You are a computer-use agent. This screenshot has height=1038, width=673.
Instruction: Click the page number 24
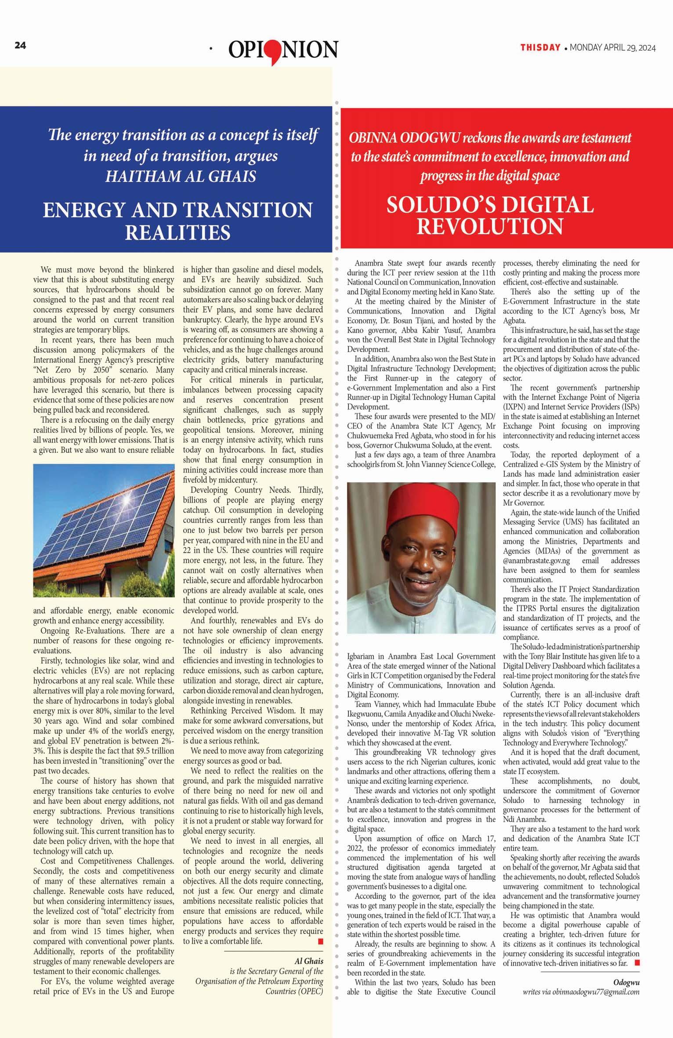[x=21, y=45]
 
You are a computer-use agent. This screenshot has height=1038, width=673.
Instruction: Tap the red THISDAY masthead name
[x=540, y=47]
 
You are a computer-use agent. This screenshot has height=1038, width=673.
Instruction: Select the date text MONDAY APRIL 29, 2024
[x=612, y=48]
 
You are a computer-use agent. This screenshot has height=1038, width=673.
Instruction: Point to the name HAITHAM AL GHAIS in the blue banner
[x=181, y=177]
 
